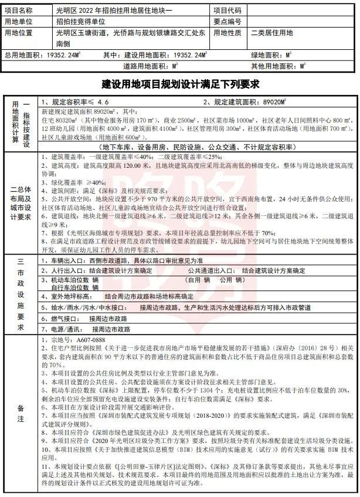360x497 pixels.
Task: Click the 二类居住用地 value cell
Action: [272, 33]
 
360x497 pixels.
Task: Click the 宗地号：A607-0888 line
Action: [73, 340]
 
